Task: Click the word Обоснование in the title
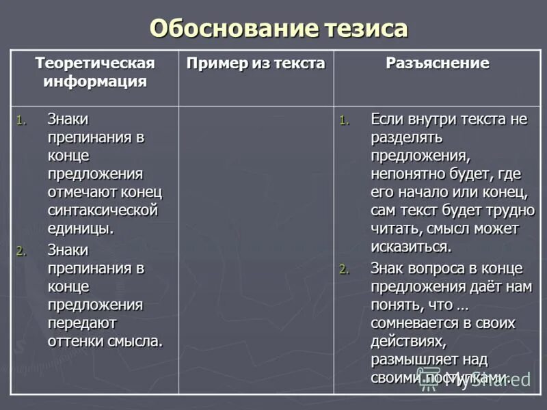(232, 29)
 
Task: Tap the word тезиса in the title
(363, 29)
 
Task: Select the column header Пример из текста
(256, 64)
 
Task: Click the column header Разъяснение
(437, 64)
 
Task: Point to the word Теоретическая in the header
(95, 64)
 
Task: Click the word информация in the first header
(95, 82)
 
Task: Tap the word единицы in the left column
(79, 228)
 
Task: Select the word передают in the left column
(81, 323)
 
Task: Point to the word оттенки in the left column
(75, 340)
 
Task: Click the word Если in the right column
(387, 120)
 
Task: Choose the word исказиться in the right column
(410, 246)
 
